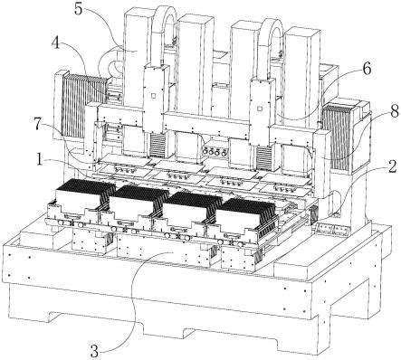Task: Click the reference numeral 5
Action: (78, 9)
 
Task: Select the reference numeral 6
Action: (367, 69)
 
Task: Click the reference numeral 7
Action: (37, 124)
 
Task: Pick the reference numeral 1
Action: (39, 159)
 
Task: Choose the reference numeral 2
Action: (393, 166)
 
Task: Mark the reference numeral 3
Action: (94, 351)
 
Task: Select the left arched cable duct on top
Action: (163, 33)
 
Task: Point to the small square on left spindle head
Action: (154, 96)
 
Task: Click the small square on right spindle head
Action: (259, 108)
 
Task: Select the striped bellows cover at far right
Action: (337, 137)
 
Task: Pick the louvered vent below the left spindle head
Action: (158, 146)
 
